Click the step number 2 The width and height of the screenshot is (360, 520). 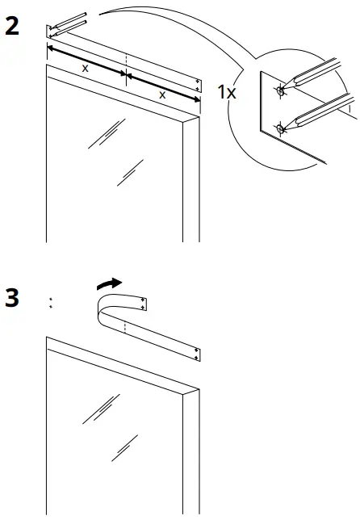pos(12,26)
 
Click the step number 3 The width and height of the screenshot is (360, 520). pos(12,298)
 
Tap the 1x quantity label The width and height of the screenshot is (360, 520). pos(227,93)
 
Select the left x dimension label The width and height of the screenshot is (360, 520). pos(85,69)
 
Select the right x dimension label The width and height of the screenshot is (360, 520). pos(162,94)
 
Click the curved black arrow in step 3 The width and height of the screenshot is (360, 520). pos(108,283)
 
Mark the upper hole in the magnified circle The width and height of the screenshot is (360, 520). pos(280,90)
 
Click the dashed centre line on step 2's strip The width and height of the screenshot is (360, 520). pos(126,65)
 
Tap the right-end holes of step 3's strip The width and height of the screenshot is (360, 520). pos(198,352)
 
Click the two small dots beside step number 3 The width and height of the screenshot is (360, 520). pos(50,303)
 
